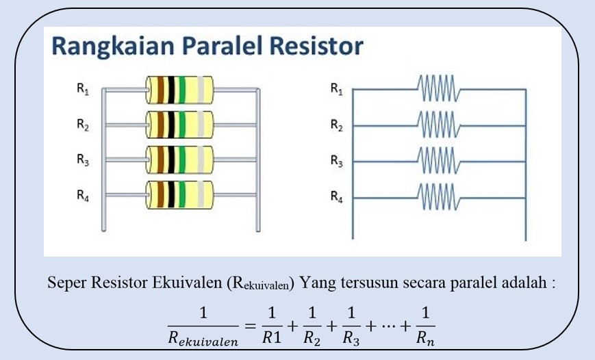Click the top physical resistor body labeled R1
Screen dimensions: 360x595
pyautogui.click(x=179, y=89)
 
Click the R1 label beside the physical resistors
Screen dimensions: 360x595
pyautogui.click(x=83, y=88)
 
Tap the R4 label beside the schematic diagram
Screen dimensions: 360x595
pyautogui.click(x=336, y=197)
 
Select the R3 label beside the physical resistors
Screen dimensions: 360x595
pyautogui.click(x=83, y=160)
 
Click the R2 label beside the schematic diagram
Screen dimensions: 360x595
pyautogui.click(x=336, y=125)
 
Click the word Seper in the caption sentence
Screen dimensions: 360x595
pyautogui.click(x=64, y=283)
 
